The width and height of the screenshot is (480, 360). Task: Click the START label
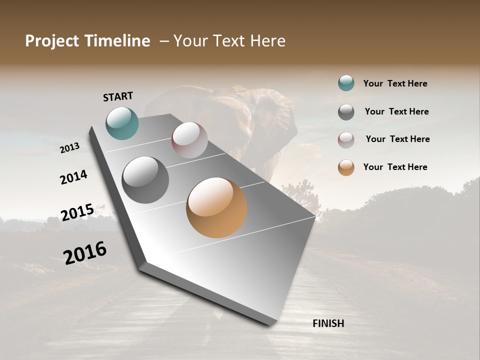pyautogui.click(x=118, y=96)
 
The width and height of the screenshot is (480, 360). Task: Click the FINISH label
pyautogui.click(x=328, y=323)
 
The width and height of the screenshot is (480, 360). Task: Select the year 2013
pyautogui.click(x=69, y=148)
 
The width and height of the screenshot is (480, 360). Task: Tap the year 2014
pyautogui.click(x=73, y=177)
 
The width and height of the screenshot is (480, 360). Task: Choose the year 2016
pyautogui.click(x=85, y=253)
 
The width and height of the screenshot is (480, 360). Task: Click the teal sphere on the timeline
pyautogui.click(x=122, y=123)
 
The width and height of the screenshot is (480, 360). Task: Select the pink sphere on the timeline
pyautogui.click(x=189, y=139)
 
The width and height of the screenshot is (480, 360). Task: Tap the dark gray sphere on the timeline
pyautogui.click(x=145, y=179)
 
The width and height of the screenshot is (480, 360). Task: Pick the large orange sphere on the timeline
pyautogui.click(x=216, y=207)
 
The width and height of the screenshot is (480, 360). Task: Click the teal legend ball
pyautogui.click(x=346, y=83)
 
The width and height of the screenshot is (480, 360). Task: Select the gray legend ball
pyautogui.click(x=346, y=112)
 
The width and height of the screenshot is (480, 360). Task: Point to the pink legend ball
pyautogui.click(x=346, y=140)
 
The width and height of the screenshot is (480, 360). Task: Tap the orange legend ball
pyautogui.click(x=346, y=167)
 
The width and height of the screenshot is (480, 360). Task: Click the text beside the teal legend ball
pyautogui.click(x=395, y=83)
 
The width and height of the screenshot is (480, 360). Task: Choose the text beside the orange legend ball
pyautogui.click(x=395, y=167)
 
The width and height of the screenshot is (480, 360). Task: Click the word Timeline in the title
pyautogui.click(x=116, y=41)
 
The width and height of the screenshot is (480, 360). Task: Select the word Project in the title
pyautogui.click(x=52, y=41)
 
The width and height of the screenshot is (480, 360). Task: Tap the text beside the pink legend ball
pyautogui.click(x=397, y=139)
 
